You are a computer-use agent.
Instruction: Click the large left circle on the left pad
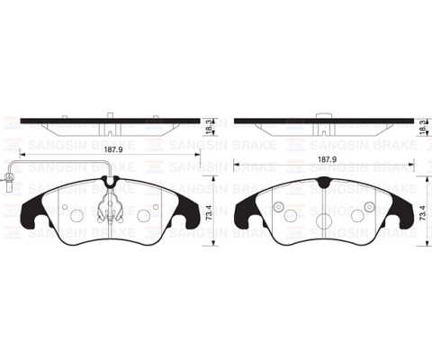76,215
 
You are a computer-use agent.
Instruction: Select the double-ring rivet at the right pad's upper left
279,209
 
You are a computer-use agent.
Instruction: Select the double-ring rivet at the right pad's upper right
370,209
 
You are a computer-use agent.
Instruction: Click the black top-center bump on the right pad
324,182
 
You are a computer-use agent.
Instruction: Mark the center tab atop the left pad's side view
110,115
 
